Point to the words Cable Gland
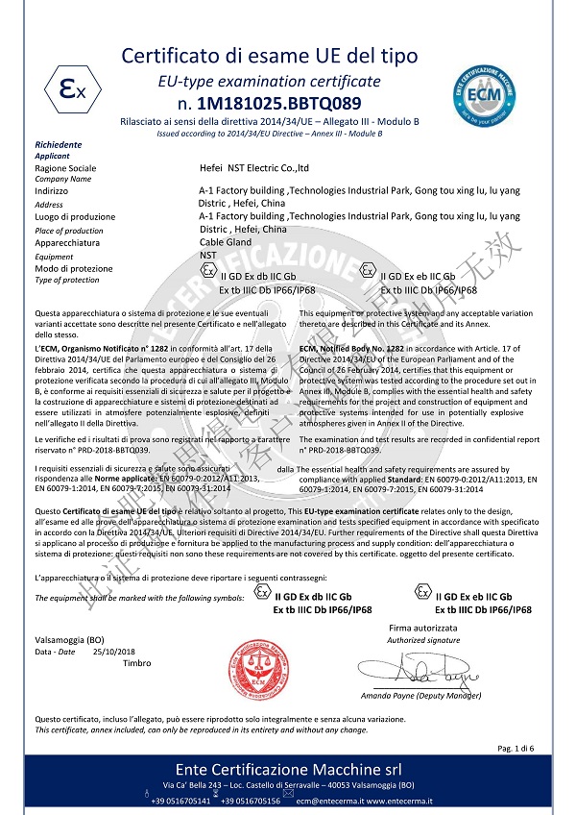(224, 244)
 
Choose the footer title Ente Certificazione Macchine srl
(288, 770)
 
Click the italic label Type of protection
(66, 280)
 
